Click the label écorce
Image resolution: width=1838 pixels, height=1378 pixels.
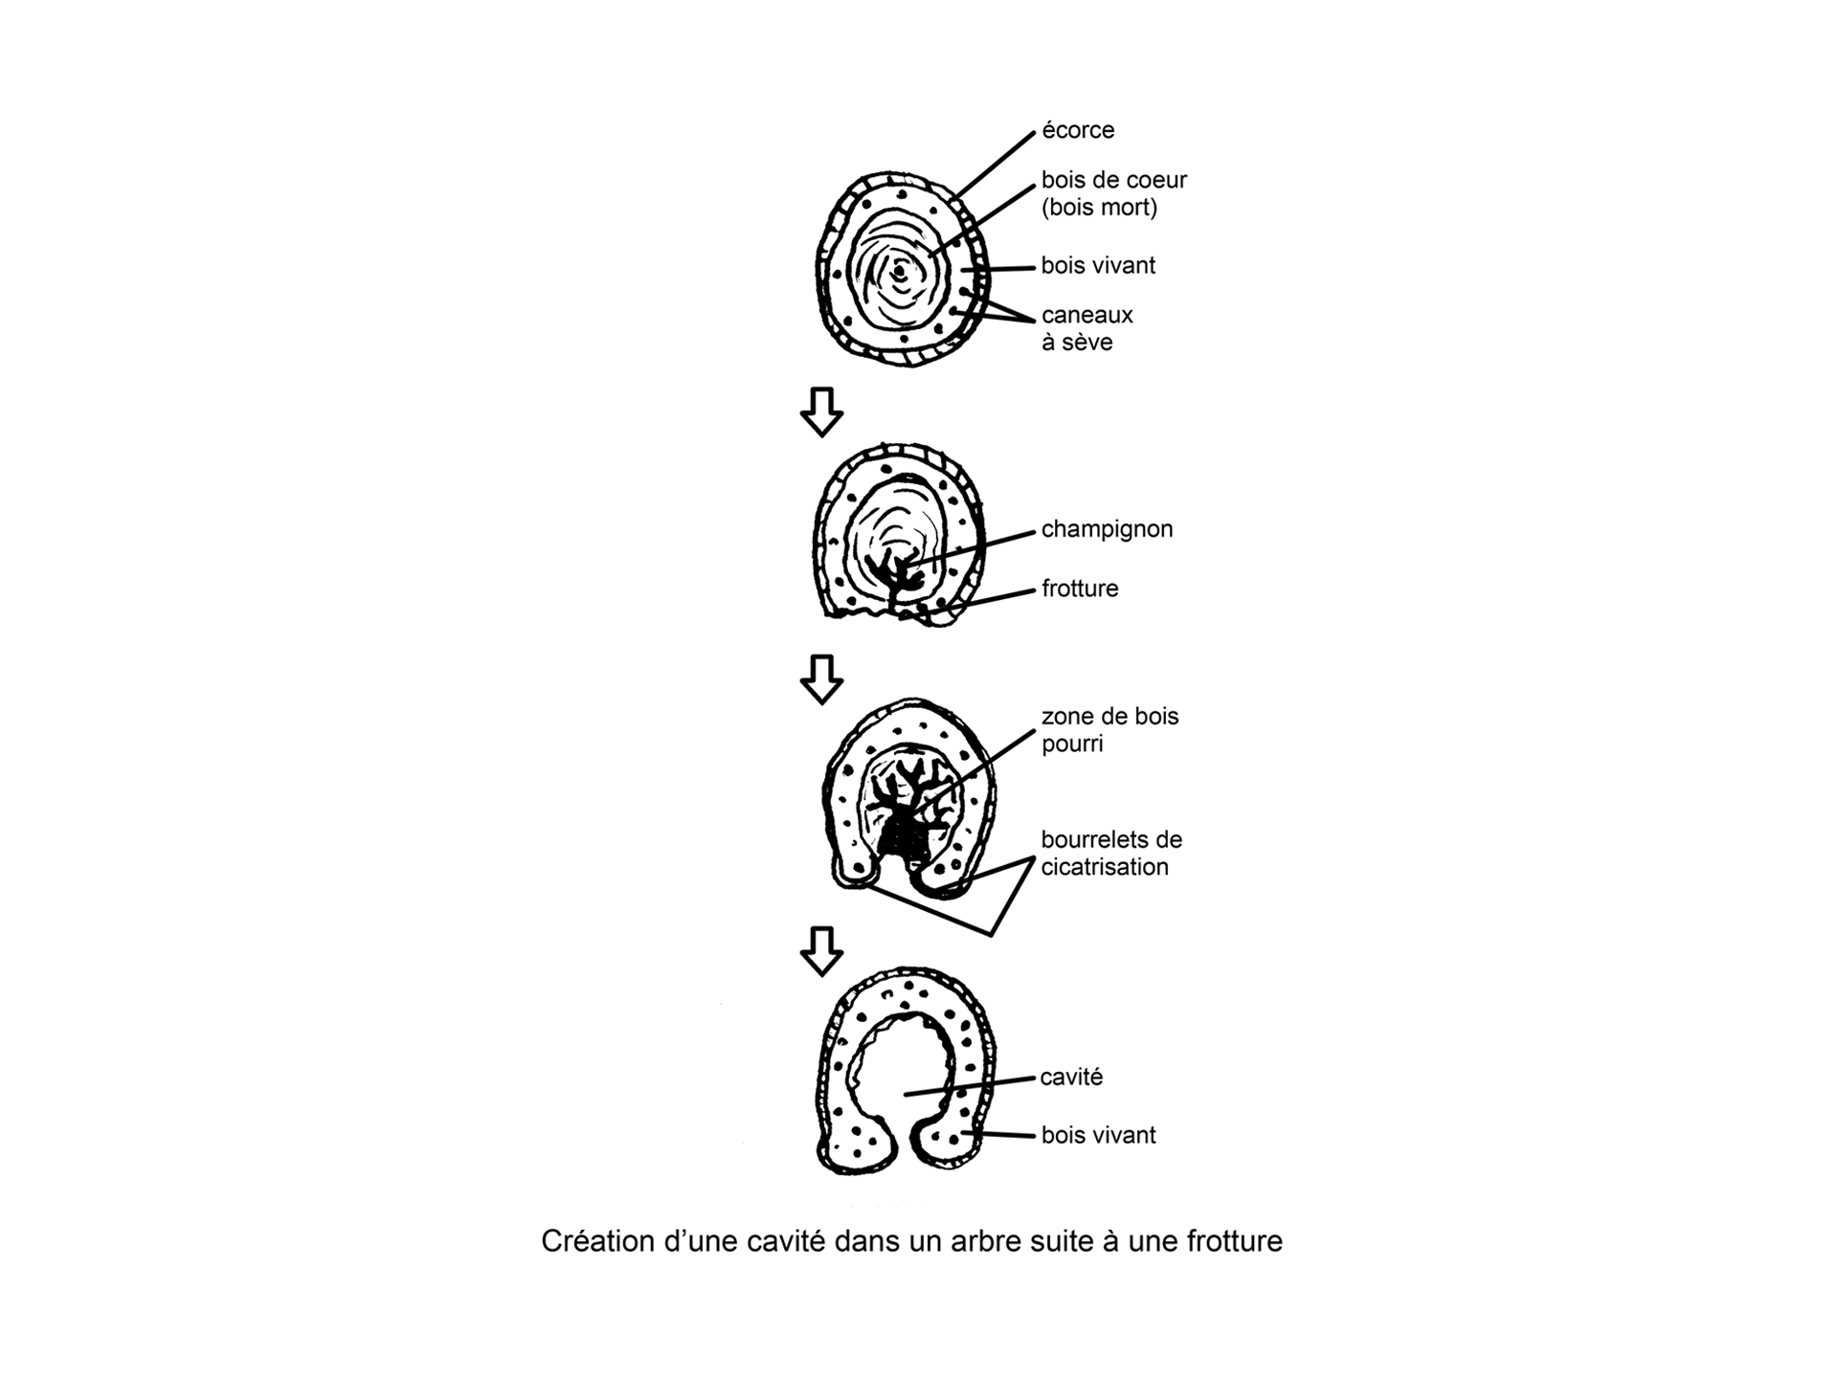[x=1078, y=130]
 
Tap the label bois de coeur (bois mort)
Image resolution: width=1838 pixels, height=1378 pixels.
[x=1113, y=193]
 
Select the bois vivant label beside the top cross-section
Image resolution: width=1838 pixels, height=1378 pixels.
[x=1098, y=265]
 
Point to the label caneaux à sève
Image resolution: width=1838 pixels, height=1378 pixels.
[x=1087, y=328]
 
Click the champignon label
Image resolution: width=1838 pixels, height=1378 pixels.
[x=1107, y=529]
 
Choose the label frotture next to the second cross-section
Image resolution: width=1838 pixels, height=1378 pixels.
[x=1080, y=589]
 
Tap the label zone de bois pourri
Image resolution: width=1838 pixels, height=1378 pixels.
[x=1110, y=729]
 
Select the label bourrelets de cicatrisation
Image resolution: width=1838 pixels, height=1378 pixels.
[x=1111, y=853]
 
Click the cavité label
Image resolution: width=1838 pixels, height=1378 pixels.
[x=1071, y=1077]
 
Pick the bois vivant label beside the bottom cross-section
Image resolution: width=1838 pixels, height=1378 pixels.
[x=1098, y=1135]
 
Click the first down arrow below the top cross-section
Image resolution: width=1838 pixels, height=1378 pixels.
[x=821, y=411]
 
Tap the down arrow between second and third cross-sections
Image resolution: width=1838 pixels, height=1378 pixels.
[x=821, y=678]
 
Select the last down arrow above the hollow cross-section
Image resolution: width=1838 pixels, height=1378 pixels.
[x=821, y=950]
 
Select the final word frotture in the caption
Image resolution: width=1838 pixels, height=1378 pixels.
[x=1234, y=1241]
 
